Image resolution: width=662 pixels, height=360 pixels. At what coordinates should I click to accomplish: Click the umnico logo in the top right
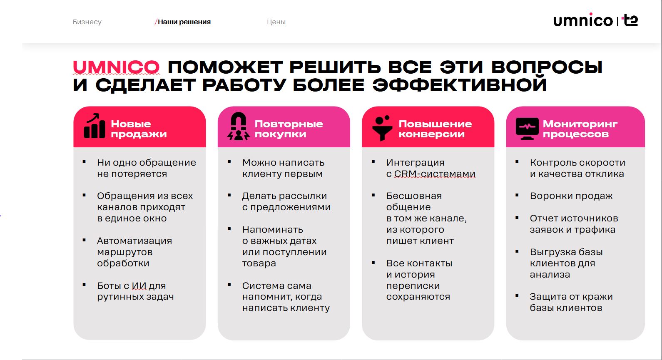(582, 21)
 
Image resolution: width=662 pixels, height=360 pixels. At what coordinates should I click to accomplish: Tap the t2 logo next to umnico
(630, 20)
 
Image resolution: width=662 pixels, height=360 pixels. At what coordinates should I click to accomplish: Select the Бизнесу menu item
(87, 22)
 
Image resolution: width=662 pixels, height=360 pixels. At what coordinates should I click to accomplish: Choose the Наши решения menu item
(184, 22)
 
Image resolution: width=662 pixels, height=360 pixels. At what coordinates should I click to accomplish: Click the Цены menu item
(276, 22)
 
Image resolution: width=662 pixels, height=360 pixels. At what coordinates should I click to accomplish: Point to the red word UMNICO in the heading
(116, 67)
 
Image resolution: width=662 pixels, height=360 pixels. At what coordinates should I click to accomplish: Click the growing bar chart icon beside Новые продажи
(94, 126)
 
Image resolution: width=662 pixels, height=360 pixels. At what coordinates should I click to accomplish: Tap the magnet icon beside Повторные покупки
(238, 127)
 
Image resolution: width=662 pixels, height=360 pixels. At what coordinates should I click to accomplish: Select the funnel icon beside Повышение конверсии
(382, 127)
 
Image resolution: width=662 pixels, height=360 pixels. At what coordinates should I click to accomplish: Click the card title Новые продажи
(138, 129)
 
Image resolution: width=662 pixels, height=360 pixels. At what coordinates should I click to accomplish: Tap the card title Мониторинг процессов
(580, 129)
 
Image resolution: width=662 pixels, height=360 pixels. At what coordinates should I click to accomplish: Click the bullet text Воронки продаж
(571, 196)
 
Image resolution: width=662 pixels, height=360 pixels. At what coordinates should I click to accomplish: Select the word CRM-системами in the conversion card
(435, 174)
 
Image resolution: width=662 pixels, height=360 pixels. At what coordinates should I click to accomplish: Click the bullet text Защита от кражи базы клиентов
(571, 302)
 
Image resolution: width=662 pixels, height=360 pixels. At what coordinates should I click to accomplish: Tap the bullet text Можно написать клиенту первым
(283, 168)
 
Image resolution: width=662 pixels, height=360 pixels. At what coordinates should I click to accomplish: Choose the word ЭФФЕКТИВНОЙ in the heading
(459, 85)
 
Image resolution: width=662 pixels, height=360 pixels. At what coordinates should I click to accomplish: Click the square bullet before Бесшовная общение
(373, 195)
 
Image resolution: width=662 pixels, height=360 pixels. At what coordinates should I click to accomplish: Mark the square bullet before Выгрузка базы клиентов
(517, 251)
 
